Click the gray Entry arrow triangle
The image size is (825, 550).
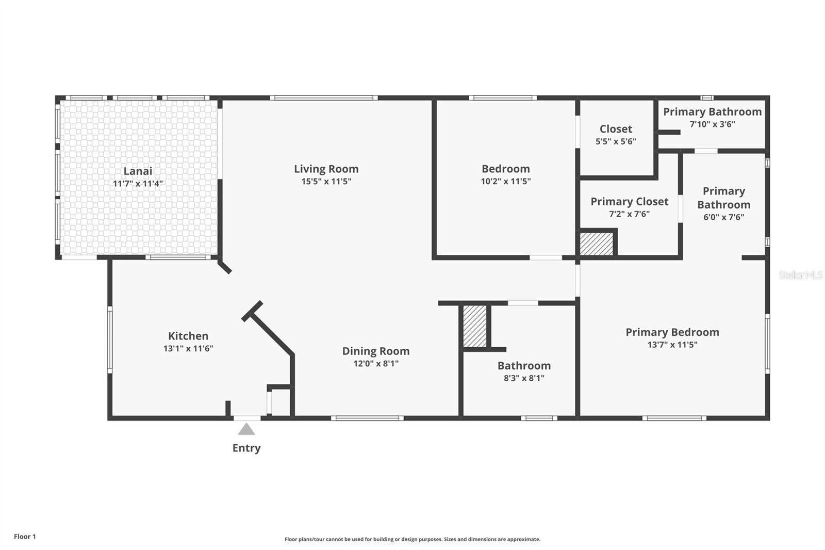pos(246,429)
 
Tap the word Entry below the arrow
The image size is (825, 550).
pos(246,448)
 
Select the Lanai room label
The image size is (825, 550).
pos(138,171)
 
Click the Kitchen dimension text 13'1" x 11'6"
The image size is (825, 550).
pos(188,348)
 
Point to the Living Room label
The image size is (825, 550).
pos(326,169)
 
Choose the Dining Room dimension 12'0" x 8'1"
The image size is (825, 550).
pos(375,363)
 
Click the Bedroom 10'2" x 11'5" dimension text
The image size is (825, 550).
pos(505,181)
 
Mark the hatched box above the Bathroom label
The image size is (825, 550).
pos(474,326)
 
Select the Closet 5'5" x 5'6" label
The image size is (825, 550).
pos(616,129)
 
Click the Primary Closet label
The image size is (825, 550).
pos(629,202)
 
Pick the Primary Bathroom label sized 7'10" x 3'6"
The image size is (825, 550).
pos(712,112)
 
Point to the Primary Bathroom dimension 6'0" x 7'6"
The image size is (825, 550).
pos(723,217)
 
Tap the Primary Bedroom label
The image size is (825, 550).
pos(672,332)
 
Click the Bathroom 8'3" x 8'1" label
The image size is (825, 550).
pos(524,366)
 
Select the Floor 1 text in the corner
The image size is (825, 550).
pos(25,537)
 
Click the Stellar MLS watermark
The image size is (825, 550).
pos(800,275)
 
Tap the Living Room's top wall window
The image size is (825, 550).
pos(323,98)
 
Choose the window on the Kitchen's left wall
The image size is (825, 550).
pos(110,339)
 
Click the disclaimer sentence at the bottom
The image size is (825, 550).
pos(412,539)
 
